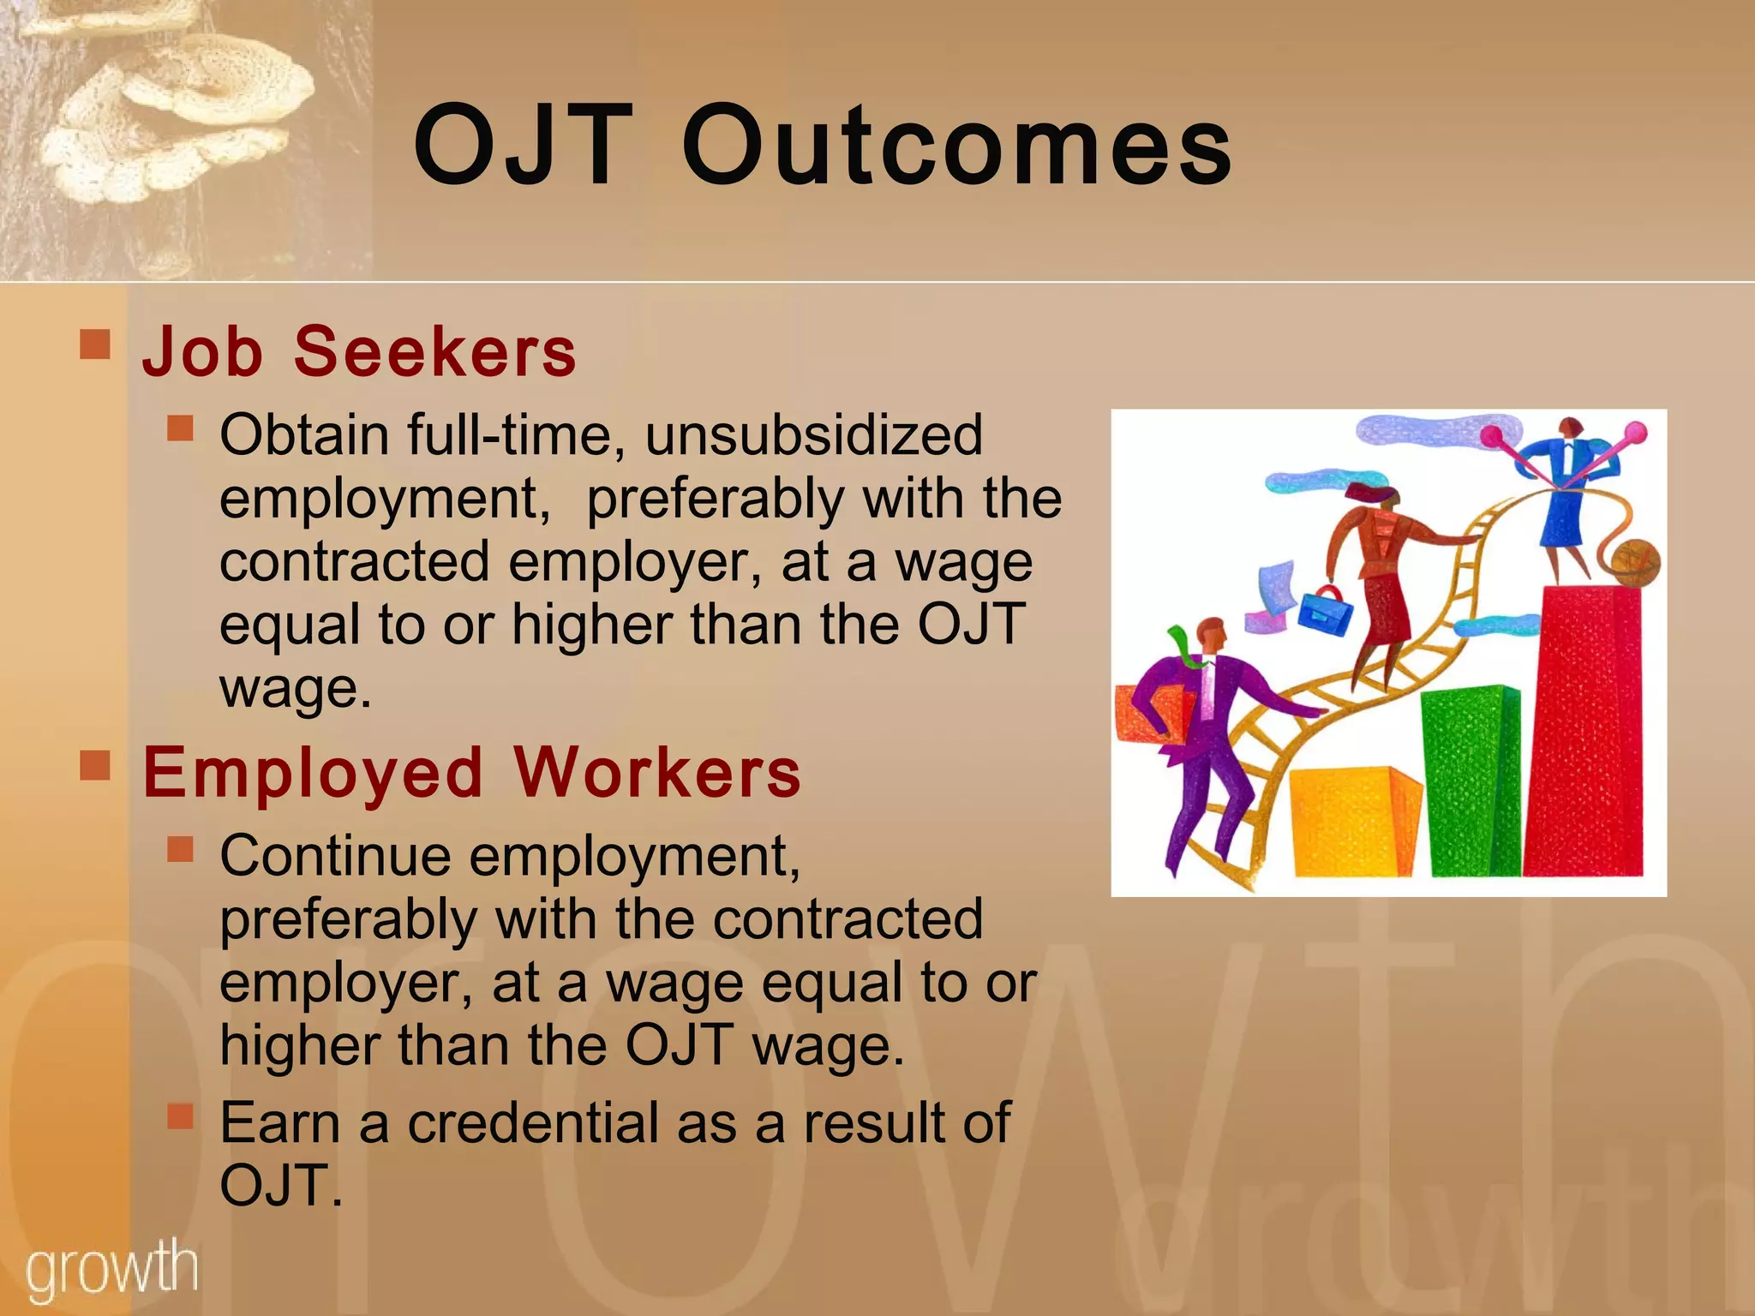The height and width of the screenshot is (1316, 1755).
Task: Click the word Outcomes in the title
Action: click(x=956, y=146)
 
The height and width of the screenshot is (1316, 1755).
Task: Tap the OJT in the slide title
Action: click(x=524, y=146)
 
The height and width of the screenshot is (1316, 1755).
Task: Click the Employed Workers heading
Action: click(x=471, y=772)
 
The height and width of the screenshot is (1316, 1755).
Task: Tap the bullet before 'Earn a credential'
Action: click(x=180, y=1115)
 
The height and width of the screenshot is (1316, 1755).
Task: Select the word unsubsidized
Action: click(x=813, y=434)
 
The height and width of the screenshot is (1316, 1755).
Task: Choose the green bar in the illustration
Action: click(x=1469, y=780)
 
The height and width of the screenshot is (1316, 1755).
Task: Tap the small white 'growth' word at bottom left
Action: click(x=111, y=1269)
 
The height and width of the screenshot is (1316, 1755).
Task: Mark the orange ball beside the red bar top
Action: click(x=1635, y=564)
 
